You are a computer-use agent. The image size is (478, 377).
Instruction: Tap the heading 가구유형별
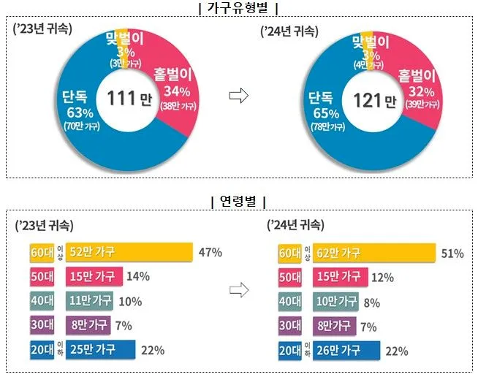240,8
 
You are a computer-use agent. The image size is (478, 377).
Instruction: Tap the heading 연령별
239,201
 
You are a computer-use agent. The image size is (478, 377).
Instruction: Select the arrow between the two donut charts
240,97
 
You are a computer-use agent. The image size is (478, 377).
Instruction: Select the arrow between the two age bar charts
240,290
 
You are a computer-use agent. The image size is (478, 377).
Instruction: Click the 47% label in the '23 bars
210,252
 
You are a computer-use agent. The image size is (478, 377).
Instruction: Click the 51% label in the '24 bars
452,254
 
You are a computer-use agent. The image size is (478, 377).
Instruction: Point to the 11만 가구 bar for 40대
91,301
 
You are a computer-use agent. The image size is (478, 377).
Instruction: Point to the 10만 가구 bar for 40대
335,301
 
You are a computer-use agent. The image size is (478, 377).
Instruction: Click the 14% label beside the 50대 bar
138,276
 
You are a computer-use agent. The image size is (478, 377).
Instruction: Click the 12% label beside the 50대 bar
382,278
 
